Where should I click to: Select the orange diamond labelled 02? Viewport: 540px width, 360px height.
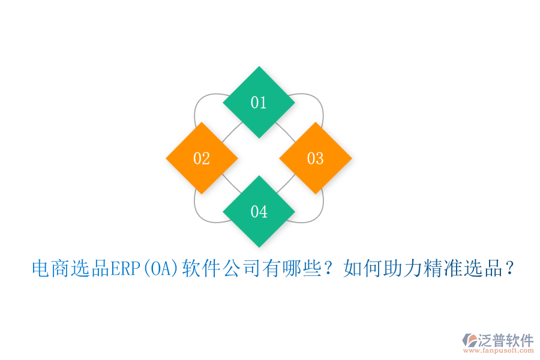point(202,158)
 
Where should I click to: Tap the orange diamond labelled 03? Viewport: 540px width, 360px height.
point(316,158)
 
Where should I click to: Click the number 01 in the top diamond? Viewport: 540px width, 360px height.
point(259,103)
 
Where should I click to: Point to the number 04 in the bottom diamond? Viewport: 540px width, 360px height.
point(259,212)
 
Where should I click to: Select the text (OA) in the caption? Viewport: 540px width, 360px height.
point(160,268)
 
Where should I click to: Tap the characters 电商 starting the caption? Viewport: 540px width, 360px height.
point(50,268)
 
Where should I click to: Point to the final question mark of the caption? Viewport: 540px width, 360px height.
point(509,268)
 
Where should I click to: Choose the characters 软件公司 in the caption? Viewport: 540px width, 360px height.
point(221,268)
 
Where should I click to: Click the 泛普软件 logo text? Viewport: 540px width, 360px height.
point(505,340)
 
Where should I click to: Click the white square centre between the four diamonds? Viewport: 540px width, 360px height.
point(259,158)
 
